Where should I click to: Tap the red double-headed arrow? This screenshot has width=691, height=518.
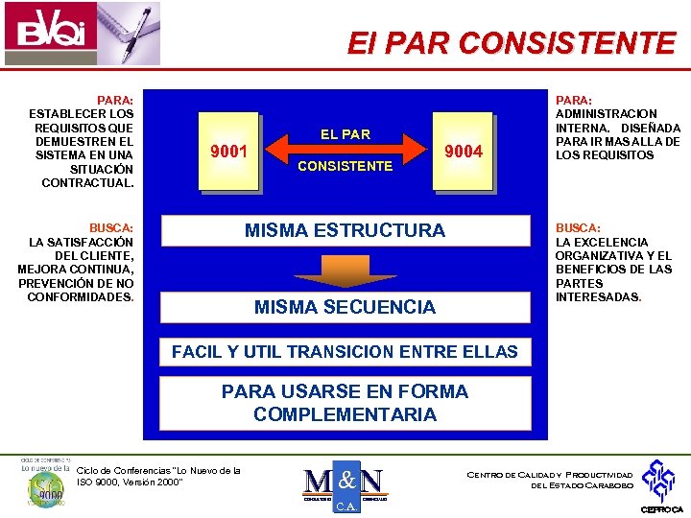tap(345, 149)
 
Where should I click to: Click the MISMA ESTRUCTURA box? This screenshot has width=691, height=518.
tap(345, 230)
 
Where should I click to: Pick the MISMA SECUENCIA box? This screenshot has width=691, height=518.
tap(345, 307)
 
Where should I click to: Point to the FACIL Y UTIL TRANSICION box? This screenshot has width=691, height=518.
tap(345, 352)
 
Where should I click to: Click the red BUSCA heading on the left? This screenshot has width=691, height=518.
tap(111, 228)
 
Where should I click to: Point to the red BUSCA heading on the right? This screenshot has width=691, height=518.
tap(578, 228)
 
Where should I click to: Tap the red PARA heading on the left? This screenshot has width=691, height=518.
tap(115, 100)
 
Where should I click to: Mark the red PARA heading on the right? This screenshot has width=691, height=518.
tap(574, 100)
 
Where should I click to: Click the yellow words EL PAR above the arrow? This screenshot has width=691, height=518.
tap(345, 134)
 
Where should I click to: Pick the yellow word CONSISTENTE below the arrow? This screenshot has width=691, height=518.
tap(345, 166)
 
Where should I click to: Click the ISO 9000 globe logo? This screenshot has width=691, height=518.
tap(44, 484)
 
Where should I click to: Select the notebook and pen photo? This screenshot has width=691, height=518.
tap(123, 34)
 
